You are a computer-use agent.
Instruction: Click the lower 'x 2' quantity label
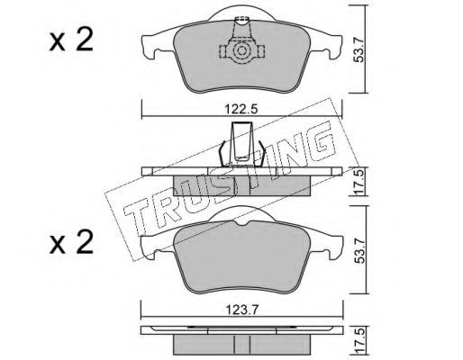[x=71, y=243]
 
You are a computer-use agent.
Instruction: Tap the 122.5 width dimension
[x=241, y=109]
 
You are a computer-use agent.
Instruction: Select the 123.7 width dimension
[x=242, y=310]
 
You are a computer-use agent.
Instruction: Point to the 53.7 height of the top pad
[x=359, y=49]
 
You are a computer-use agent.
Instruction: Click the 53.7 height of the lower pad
[x=359, y=250]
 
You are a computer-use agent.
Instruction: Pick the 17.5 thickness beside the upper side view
[x=359, y=182]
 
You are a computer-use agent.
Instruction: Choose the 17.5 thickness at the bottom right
[x=359, y=342]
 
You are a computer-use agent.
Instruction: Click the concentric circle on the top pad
[x=242, y=50]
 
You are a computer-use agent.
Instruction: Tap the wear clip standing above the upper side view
[x=242, y=145]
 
